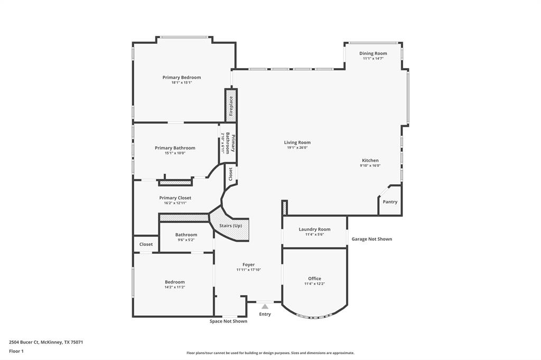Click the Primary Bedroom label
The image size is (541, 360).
click(181, 78)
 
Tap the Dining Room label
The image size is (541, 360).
click(373, 53)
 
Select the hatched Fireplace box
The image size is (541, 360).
click(231, 106)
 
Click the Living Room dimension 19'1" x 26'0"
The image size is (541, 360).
click(297, 148)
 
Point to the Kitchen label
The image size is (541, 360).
click(370, 160)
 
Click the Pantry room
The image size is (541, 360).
click(390, 202)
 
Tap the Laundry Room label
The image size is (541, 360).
click(314, 229)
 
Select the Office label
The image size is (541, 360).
click(314, 279)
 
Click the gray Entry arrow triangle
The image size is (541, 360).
click(265, 306)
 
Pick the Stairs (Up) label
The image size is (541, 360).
click(230, 226)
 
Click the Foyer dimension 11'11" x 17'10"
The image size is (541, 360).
click(248, 270)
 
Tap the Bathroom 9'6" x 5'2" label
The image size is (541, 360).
click(186, 235)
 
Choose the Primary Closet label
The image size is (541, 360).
click(175, 198)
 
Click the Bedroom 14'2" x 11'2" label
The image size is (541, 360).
click(174, 282)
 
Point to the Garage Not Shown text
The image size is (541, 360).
click(372, 239)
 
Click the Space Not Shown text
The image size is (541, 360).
click(228, 321)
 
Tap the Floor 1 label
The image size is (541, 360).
click(16, 351)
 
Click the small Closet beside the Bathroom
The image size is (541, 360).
click(146, 244)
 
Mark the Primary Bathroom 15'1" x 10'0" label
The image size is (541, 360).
click(175, 148)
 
